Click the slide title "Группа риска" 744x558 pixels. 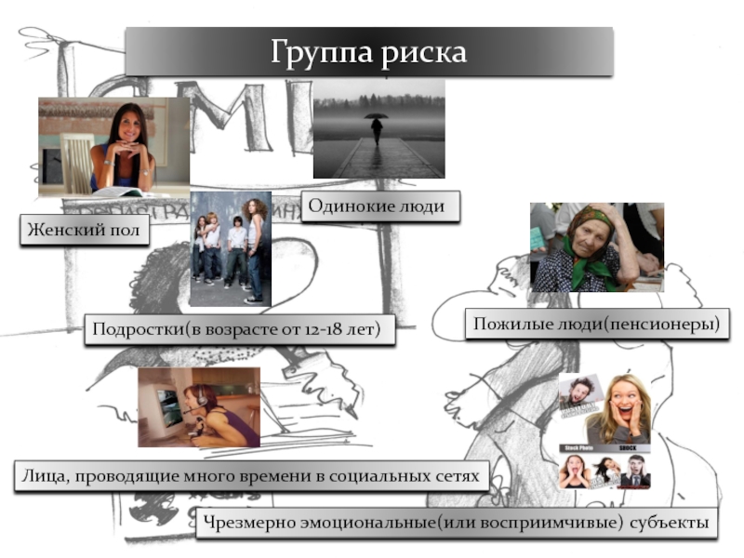[x=369, y=51]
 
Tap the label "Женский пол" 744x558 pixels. [x=85, y=229]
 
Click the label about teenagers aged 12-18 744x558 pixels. [x=238, y=330]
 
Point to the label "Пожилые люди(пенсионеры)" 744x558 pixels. [x=597, y=324]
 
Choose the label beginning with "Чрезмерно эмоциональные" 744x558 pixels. [x=456, y=523]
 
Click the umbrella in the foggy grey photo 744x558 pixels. [x=376, y=117]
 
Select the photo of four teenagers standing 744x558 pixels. [x=230, y=248]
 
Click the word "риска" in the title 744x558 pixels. [x=424, y=51]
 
